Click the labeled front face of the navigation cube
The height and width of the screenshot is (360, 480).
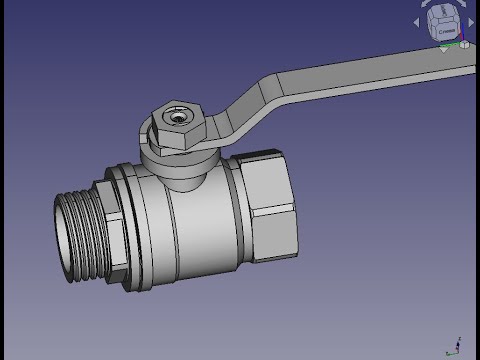tap(446, 30)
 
